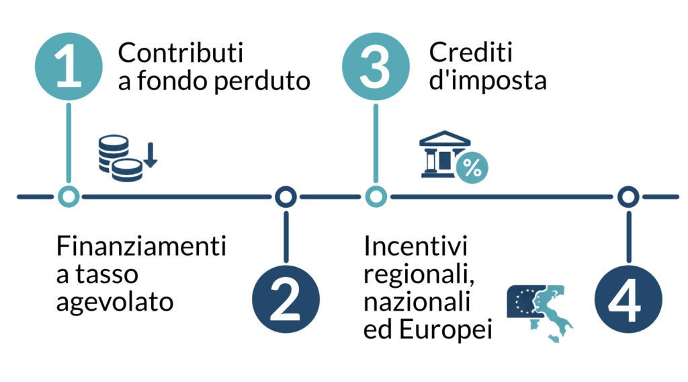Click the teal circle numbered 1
(x=69, y=67)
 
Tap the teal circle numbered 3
(x=376, y=67)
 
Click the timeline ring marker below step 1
(x=69, y=196)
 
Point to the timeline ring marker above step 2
(x=286, y=196)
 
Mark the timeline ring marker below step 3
(x=376, y=196)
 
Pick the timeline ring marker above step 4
(x=628, y=196)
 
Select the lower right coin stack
(x=128, y=170)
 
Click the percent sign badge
(x=472, y=168)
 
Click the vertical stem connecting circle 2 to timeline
(x=286, y=235)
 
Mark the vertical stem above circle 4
(x=628, y=235)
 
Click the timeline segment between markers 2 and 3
(x=329, y=196)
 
